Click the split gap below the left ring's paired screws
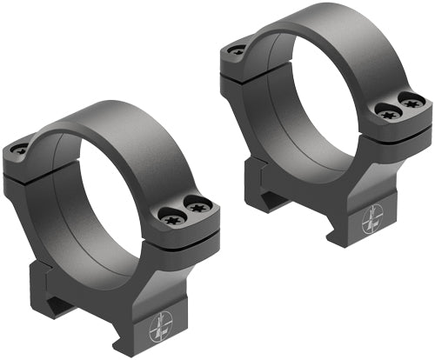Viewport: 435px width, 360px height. pyautogui.click(x=187, y=235)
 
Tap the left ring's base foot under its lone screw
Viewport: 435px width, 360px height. pyautogui.click(x=48, y=278)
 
